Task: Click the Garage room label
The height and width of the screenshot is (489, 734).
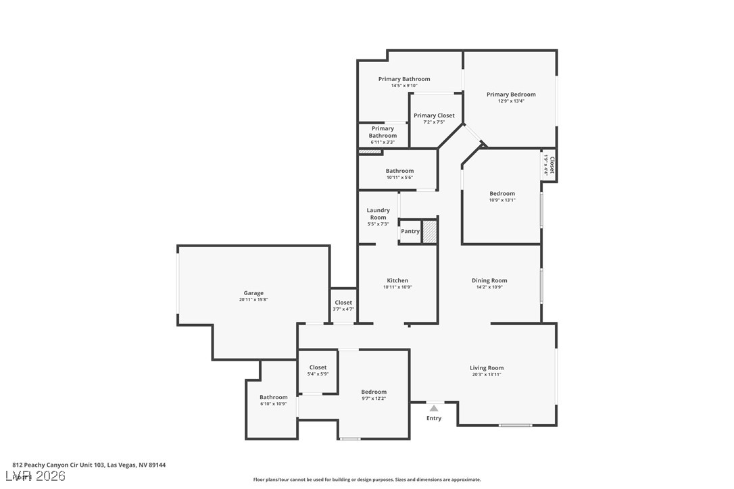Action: point(253,293)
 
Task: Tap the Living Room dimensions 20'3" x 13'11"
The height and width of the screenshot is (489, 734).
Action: point(487,375)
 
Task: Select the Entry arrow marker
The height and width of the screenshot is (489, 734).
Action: point(434,408)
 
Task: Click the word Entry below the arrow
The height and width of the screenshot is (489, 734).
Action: point(434,418)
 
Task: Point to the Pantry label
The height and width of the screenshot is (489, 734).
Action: point(410,231)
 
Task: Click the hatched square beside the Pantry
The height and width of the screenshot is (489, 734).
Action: point(430,231)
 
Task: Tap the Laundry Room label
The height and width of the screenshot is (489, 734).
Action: point(378,213)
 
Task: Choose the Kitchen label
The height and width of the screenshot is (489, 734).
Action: point(397,280)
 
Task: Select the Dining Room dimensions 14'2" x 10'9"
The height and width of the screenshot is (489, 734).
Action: point(489,287)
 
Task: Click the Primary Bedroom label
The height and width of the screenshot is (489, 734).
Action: point(511,95)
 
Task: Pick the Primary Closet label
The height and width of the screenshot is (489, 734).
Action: point(434,115)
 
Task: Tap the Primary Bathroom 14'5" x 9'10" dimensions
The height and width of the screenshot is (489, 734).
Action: point(404,86)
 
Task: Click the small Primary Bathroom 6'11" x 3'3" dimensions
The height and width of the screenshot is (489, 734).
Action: point(383,143)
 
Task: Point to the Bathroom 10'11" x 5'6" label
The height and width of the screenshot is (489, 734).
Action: point(399,171)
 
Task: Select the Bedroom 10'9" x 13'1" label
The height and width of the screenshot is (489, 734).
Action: point(502,194)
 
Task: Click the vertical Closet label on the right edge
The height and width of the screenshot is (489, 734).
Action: point(552,165)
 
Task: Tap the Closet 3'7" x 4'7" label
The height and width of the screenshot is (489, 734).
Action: point(343,303)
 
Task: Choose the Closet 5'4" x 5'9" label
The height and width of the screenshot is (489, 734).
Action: point(318,367)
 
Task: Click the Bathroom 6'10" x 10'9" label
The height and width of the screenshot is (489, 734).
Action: point(274,397)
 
